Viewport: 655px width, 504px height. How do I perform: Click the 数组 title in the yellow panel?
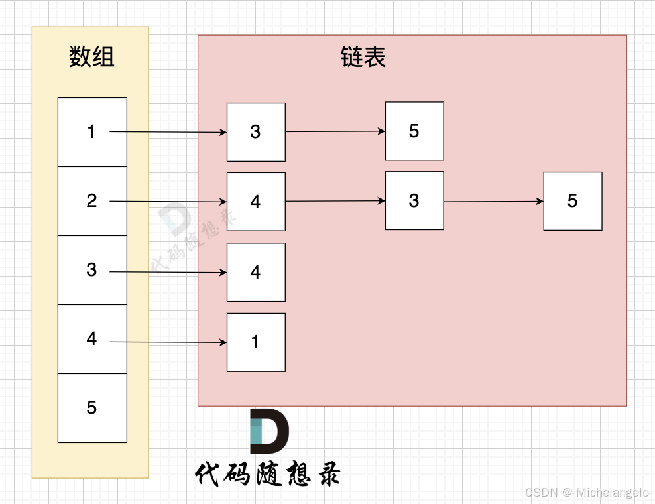pos(91,57)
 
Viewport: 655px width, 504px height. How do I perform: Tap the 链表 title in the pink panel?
pos(363,57)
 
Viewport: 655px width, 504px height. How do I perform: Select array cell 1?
pos(92,132)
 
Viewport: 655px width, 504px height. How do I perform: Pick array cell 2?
pos(92,201)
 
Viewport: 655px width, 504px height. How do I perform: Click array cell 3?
pos(92,270)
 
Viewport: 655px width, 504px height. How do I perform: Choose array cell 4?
pos(92,339)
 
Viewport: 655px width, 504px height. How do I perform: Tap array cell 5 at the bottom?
pos(92,408)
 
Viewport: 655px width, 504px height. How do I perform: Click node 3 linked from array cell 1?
pos(256,132)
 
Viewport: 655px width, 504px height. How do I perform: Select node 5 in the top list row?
pos(414,131)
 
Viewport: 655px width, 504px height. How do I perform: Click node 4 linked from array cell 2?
pos(256,202)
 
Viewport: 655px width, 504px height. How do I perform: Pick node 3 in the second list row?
pos(414,201)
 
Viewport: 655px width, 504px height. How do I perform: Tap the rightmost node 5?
pos(573,201)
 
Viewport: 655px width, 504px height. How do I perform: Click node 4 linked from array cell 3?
pos(256,272)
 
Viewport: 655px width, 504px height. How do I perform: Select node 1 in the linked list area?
pos(256,342)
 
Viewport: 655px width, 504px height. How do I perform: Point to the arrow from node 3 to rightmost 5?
pos(494,201)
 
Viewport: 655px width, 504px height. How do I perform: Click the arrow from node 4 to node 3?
pos(335,201)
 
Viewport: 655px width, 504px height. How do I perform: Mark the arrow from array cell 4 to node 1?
pos(168,342)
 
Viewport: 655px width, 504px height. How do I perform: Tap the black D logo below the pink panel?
pos(268,426)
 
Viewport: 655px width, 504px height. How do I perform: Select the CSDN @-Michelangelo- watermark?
pos(587,492)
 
